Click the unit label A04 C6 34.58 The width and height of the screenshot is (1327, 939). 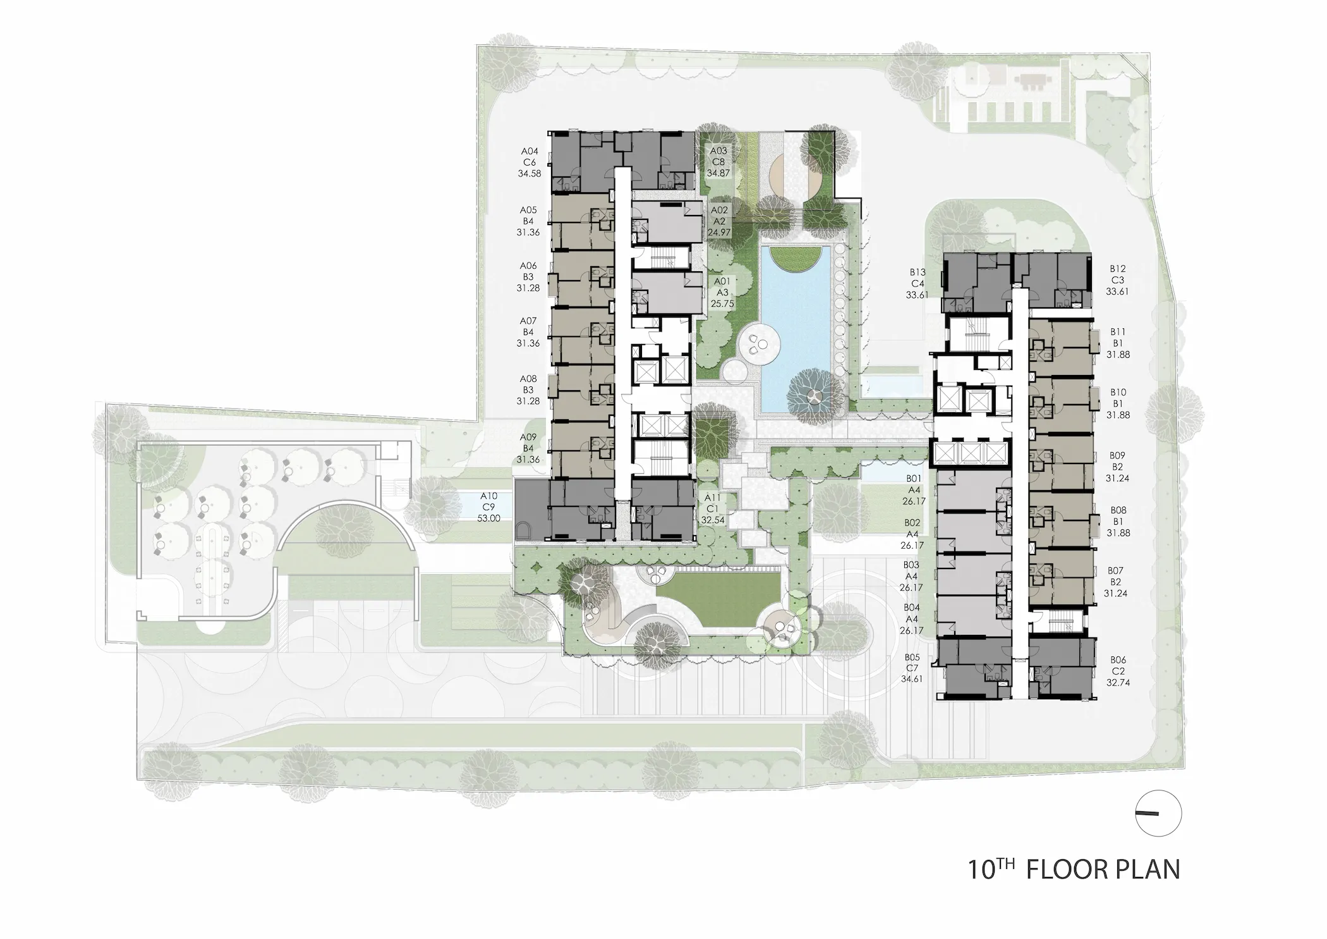coord(530,162)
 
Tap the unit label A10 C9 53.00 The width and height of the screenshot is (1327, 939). coord(489,507)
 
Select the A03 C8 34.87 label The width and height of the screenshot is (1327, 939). coord(718,162)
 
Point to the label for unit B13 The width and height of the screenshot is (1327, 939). coord(918,283)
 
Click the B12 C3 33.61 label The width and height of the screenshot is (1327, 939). coord(1117,280)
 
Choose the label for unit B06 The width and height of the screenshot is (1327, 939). coord(1117,671)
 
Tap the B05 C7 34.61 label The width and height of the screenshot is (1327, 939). coord(912,668)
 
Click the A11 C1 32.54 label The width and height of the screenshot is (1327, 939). coord(713,509)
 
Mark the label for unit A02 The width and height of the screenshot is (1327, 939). coord(719,221)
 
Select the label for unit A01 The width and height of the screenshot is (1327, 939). coord(722,292)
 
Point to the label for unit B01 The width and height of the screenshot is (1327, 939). coord(913,490)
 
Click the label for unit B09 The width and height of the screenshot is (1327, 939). coord(1117,467)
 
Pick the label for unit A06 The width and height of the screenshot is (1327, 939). coord(528,277)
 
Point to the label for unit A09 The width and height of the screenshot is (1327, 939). coord(528,448)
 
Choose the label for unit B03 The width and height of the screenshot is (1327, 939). coord(911,576)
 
